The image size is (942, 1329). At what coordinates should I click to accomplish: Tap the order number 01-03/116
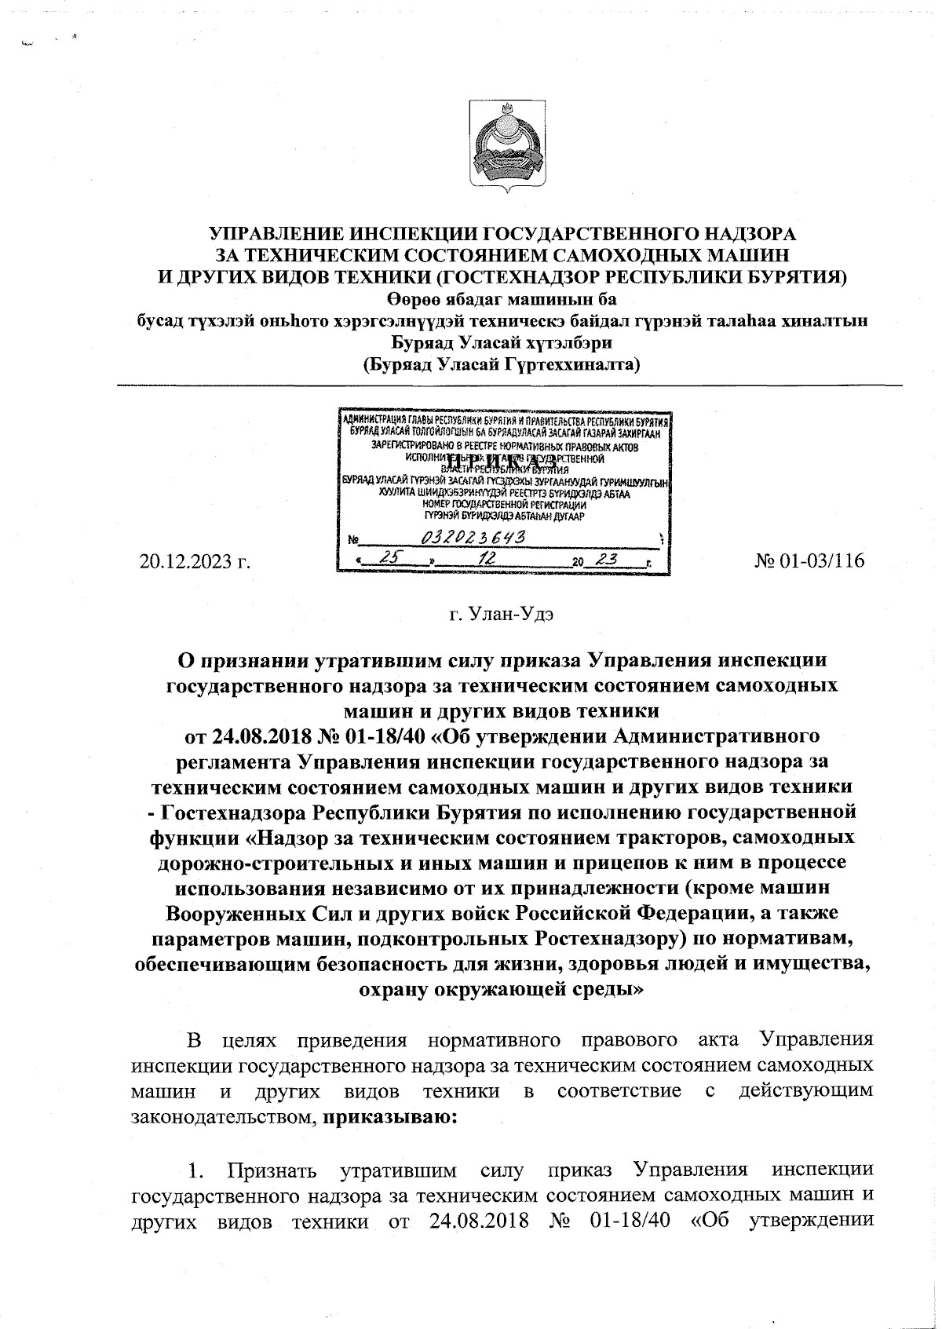click(x=809, y=561)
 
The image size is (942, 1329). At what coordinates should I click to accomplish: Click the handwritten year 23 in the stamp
click(x=605, y=558)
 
